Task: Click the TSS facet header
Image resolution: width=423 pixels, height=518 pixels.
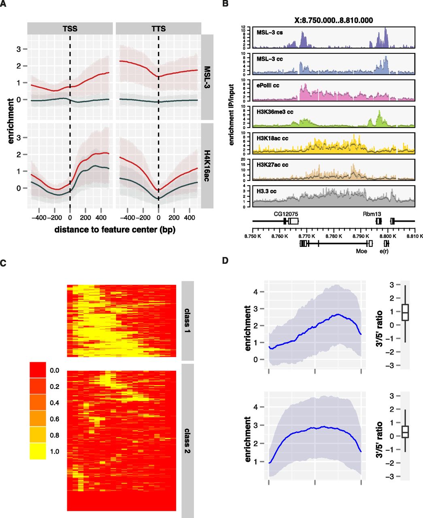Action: (70, 29)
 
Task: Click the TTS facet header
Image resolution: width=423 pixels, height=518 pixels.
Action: (158, 29)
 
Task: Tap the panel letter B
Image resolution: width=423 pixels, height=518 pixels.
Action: (226, 4)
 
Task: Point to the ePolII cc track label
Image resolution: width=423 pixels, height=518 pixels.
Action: (268, 85)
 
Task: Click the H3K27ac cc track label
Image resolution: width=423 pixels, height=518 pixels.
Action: (272, 165)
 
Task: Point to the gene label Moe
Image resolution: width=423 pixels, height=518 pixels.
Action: (361, 251)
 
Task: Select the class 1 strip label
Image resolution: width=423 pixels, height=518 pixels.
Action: (188, 321)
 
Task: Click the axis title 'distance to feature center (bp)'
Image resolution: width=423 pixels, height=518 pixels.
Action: (115, 229)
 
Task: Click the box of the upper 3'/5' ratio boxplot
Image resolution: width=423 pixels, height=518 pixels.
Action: (405, 312)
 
